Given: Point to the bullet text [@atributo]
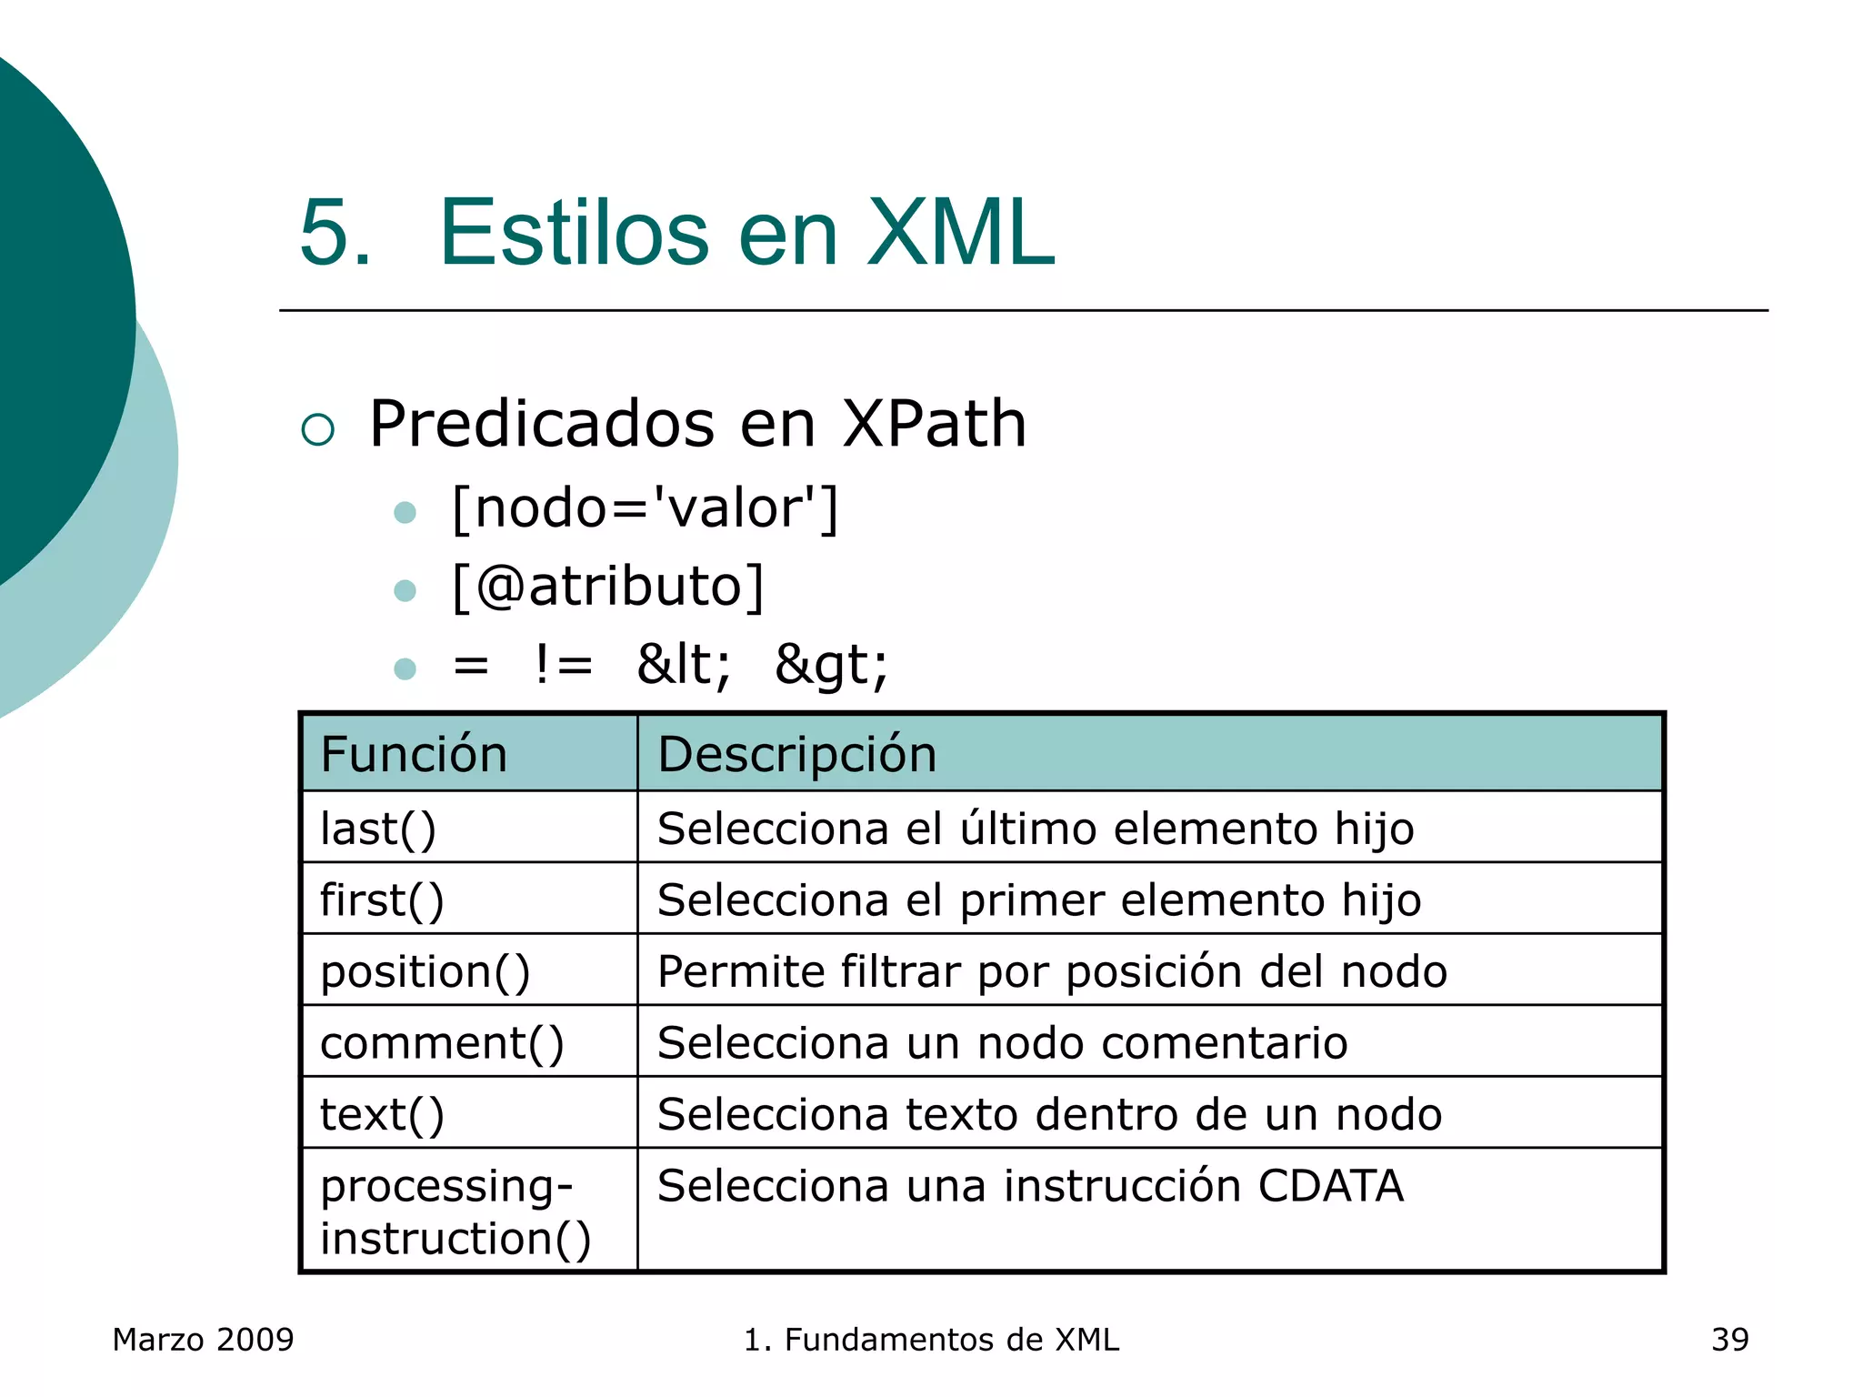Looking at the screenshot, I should (x=607, y=586).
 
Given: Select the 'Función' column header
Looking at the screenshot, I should (x=414, y=754).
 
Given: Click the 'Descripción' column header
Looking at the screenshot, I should (x=796, y=754).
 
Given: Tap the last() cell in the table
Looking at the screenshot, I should (x=378, y=829).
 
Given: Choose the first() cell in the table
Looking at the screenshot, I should (x=382, y=900).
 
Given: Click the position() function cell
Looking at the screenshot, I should (x=425, y=971).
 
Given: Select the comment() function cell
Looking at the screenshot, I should (x=442, y=1042).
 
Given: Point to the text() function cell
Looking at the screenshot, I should (x=382, y=1114).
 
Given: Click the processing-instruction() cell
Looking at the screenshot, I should (x=455, y=1211).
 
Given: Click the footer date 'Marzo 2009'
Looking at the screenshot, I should (x=203, y=1340).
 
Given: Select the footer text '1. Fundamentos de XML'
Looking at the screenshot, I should (x=931, y=1340).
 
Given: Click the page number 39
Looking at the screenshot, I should (x=1729, y=1340).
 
